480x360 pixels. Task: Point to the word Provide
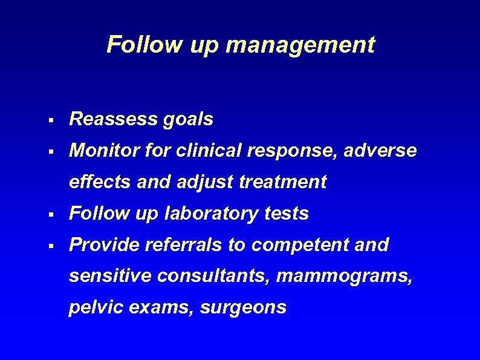pos(103,244)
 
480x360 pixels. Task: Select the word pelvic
pos(92,307)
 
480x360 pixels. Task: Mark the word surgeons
pos(242,308)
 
